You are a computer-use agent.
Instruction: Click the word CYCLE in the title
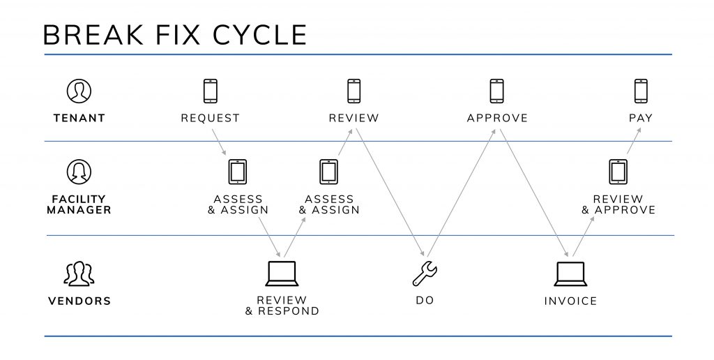259,35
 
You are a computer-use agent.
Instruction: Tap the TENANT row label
79,118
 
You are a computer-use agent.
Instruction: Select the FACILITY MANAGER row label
79,204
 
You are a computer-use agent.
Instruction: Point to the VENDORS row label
79,301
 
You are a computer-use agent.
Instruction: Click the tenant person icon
79,91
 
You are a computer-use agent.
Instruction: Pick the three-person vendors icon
79,274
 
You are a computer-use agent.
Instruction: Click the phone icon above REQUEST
211,91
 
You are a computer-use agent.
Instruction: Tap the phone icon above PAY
641,91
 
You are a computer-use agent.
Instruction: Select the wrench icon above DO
425,274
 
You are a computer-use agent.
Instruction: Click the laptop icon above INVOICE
570,274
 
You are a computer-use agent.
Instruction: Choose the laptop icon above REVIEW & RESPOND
282,274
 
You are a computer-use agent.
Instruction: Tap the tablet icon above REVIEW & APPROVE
618,172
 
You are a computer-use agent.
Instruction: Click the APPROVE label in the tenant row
497,118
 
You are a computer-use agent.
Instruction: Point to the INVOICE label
570,301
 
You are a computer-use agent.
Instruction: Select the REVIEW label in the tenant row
354,118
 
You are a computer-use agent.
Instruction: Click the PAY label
641,118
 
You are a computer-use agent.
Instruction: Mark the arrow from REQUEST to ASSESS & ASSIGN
219,142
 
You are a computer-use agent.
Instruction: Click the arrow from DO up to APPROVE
461,193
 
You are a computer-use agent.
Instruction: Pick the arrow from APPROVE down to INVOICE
534,193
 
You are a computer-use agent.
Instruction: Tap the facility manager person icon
79,172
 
